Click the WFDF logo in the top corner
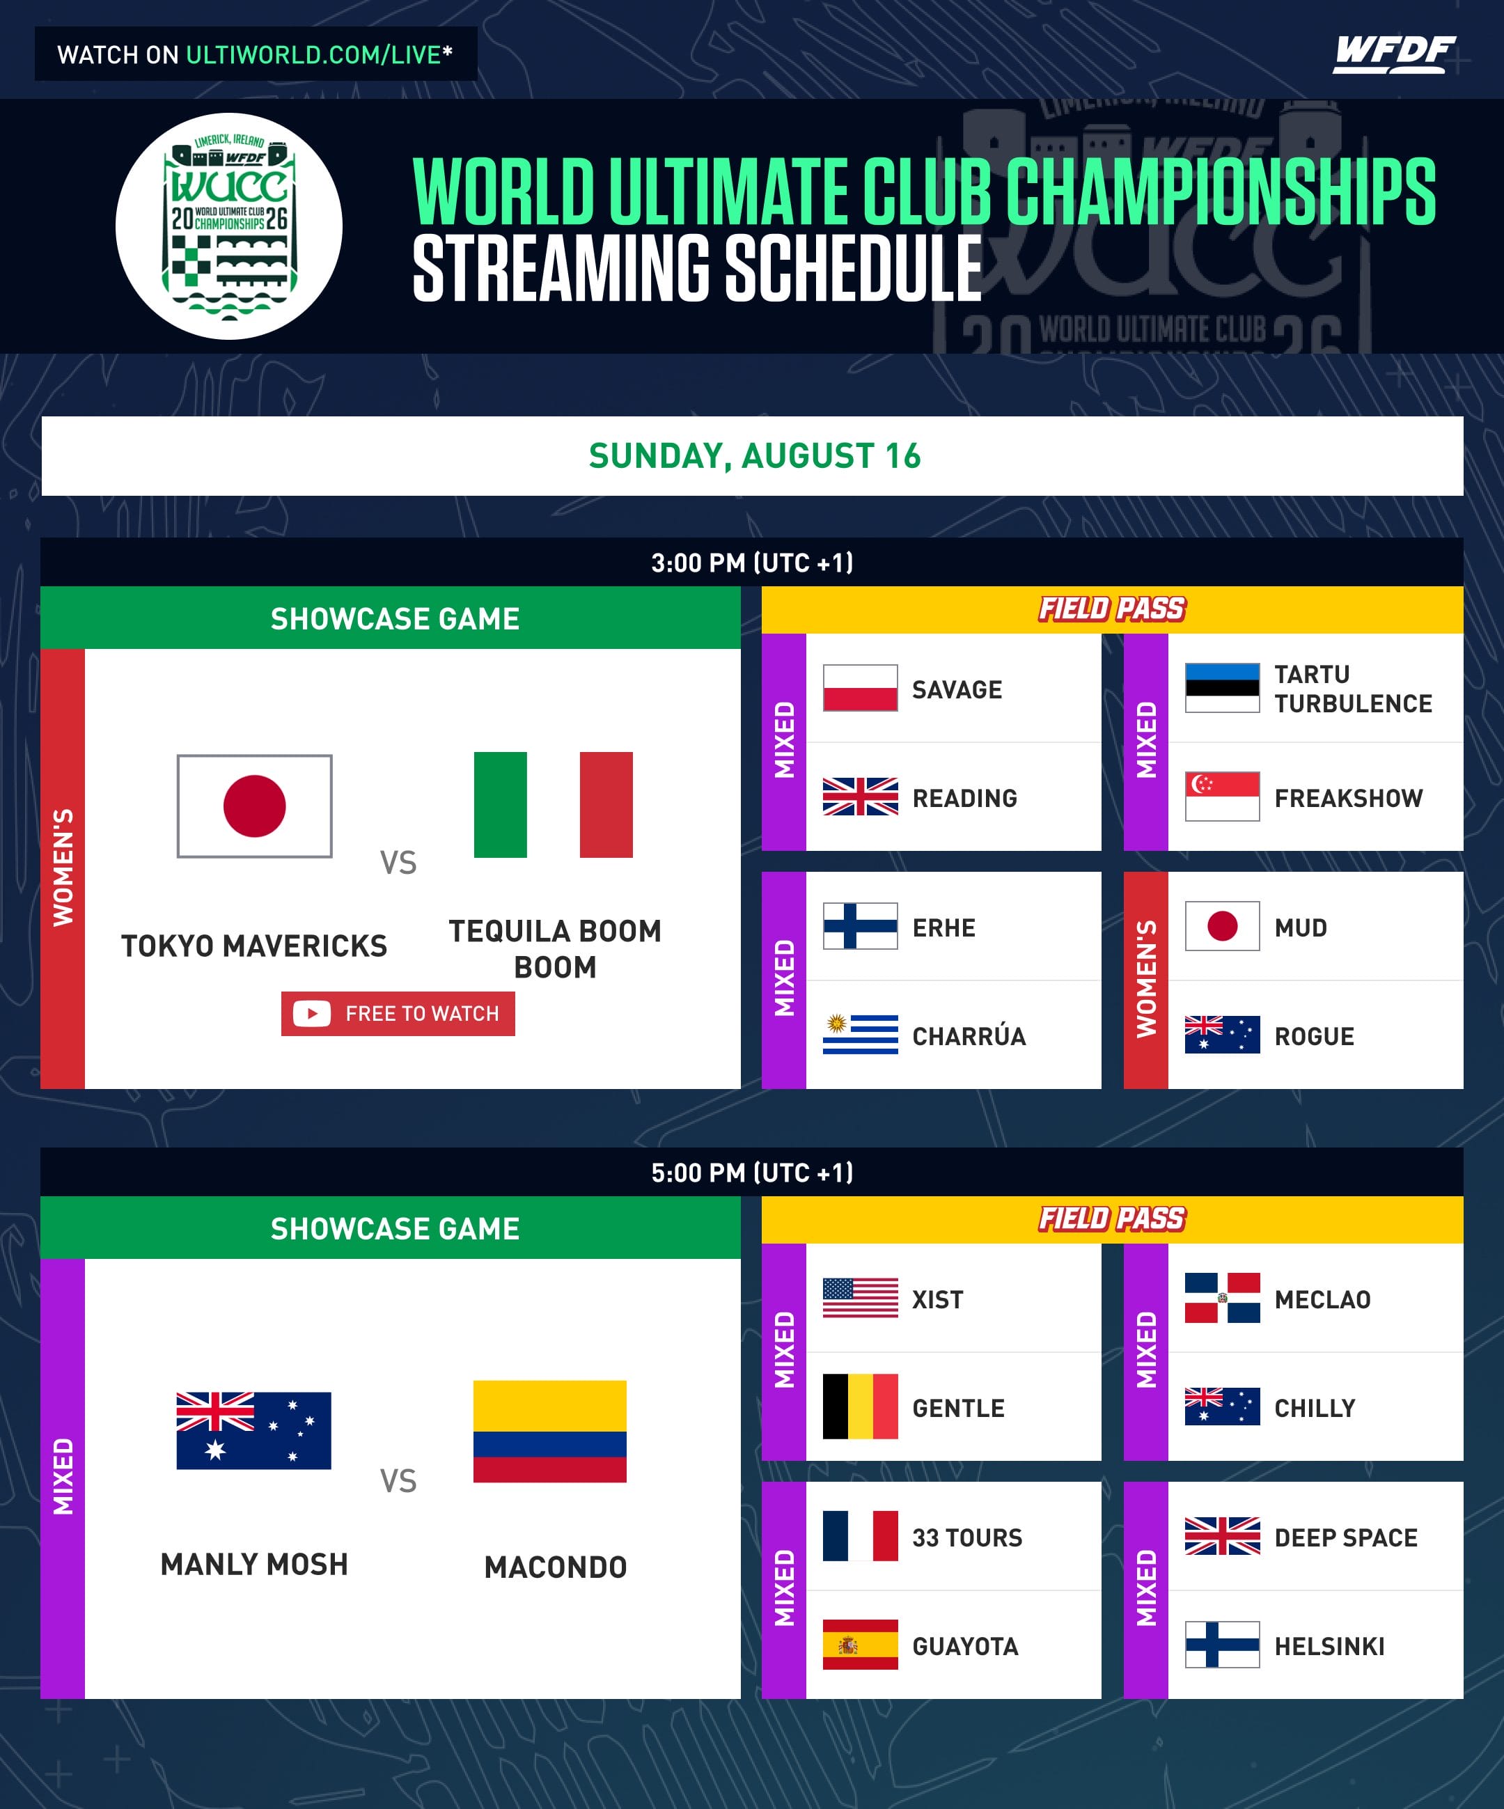(1394, 54)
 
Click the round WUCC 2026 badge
(229, 226)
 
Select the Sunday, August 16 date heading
(755, 455)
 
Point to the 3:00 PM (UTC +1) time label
(752, 563)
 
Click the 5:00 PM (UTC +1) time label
(752, 1173)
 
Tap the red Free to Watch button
(398, 1013)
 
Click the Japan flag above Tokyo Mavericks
(254, 806)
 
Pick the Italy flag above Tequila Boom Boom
(553, 804)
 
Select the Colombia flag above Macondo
(549, 1431)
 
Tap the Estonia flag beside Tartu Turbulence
(1222, 687)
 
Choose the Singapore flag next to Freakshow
(1222, 797)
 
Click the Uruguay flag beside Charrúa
(860, 1035)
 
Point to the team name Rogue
(1314, 1036)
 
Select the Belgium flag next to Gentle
(860, 1407)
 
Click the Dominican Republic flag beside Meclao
(1222, 1297)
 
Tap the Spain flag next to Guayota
(860, 1645)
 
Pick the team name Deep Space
(1345, 1537)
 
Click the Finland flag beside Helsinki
(1222, 1645)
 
